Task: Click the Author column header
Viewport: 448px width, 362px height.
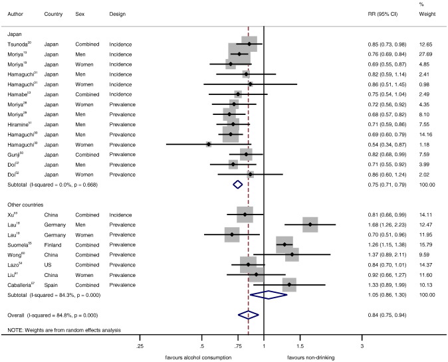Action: (15, 14)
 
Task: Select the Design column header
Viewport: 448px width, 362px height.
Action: (118, 14)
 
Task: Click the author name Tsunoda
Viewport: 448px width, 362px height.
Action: (19, 45)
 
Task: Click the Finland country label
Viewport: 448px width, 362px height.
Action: (53, 244)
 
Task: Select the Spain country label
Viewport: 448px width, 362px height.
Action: (51, 284)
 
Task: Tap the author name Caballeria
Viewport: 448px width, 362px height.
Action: (23, 284)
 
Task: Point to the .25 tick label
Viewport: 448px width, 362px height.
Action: (140, 347)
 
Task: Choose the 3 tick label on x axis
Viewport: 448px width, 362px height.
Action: (362, 347)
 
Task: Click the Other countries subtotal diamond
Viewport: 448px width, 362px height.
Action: (267, 294)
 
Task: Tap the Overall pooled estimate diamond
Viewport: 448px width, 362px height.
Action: (248, 316)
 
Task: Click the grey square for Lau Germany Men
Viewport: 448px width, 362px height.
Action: (310, 225)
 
